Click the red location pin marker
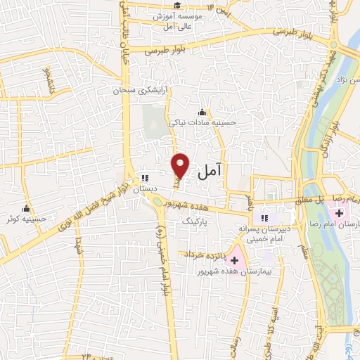pyautogui.click(x=181, y=165)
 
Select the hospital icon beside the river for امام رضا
pyautogui.click(x=339, y=212)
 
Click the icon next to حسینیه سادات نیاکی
pyautogui.click(x=202, y=112)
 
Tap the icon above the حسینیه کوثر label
pyautogui.click(x=26, y=208)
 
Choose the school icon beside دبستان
pyautogui.click(x=144, y=179)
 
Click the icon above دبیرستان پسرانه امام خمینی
pyautogui.click(x=265, y=217)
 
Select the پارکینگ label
pyautogui.click(x=196, y=221)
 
